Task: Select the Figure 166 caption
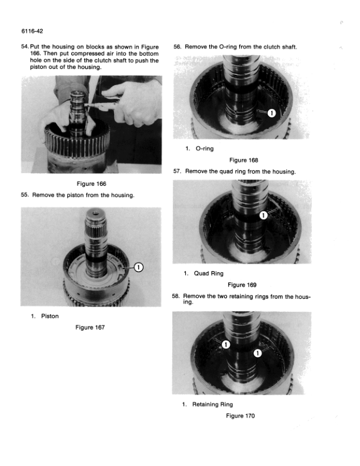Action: point(90,184)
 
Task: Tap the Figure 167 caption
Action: point(90,327)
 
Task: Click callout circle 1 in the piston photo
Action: point(138,267)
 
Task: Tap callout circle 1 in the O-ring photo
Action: point(271,114)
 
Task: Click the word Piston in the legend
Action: point(50,316)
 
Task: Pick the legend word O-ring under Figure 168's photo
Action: point(205,148)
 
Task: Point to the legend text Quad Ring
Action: point(209,273)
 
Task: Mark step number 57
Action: point(177,171)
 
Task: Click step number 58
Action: point(176,296)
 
